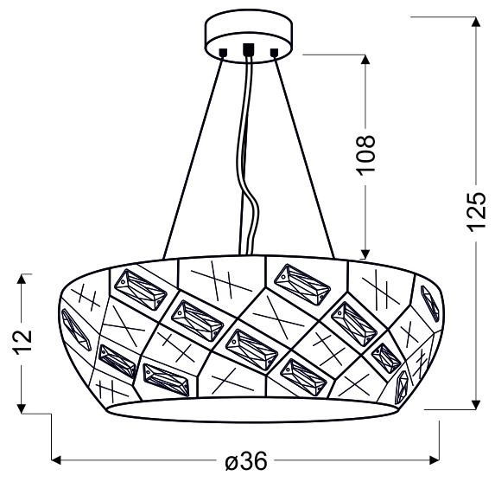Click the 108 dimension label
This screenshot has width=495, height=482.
coord(367,155)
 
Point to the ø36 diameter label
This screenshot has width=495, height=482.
coord(246,462)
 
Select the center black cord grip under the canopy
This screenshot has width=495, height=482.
coord(249,50)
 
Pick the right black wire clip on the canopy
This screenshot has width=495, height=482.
coord(275,54)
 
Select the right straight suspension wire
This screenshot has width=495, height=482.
coord(304,156)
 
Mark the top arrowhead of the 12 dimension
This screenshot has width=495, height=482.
coord(24,280)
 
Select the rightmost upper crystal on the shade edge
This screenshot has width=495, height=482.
coord(428,302)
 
